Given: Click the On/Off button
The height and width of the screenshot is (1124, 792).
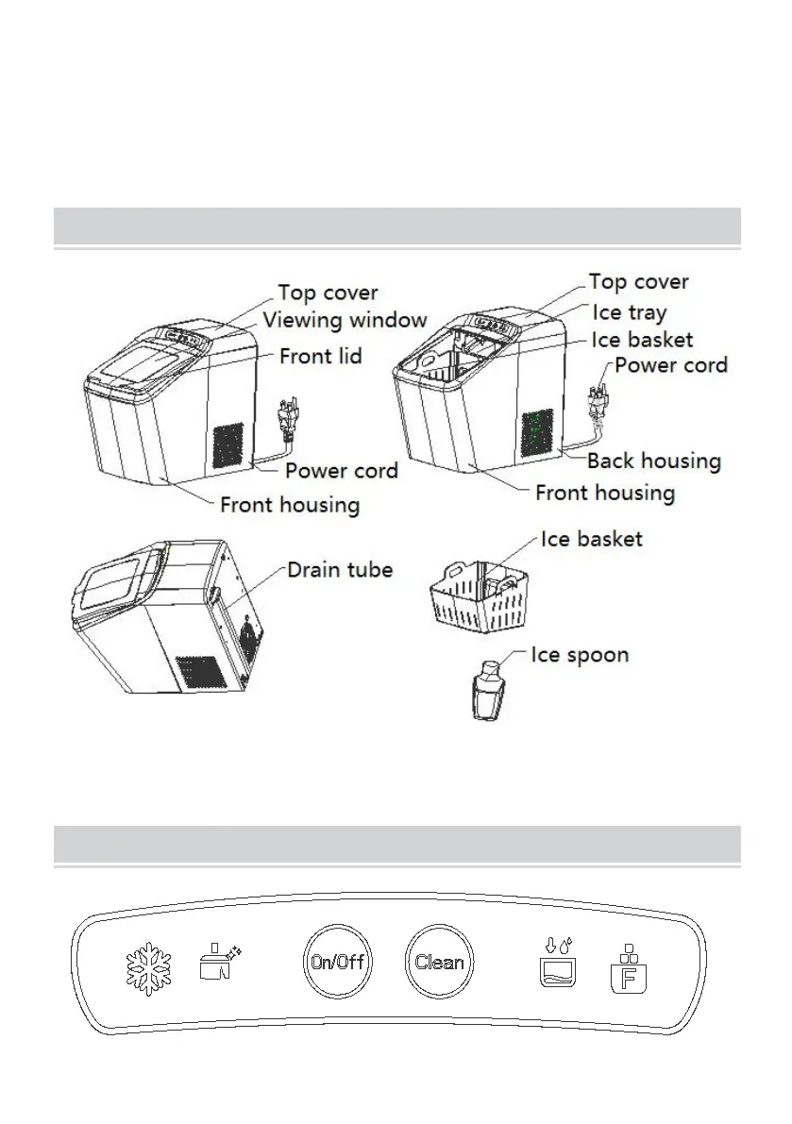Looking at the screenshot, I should click(338, 963).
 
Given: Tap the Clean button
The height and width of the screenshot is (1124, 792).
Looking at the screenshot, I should click(440, 963).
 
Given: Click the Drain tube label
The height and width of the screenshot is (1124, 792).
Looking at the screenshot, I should click(340, 569).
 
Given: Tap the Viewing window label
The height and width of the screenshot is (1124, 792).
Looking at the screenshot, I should click(345, 320).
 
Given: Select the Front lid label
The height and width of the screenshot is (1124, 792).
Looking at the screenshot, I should click(320, 357).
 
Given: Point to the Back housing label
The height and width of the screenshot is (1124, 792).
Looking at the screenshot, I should click(653, 461).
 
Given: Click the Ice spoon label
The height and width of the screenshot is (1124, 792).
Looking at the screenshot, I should click(580, 654).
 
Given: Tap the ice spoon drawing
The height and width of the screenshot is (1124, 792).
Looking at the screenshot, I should click(489, 691).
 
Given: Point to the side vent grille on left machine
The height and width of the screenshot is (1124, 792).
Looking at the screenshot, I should click(226, 445).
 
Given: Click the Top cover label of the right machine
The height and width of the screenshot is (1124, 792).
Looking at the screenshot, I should click(638, 281).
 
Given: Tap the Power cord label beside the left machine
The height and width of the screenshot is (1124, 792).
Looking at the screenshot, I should click(342, 470).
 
